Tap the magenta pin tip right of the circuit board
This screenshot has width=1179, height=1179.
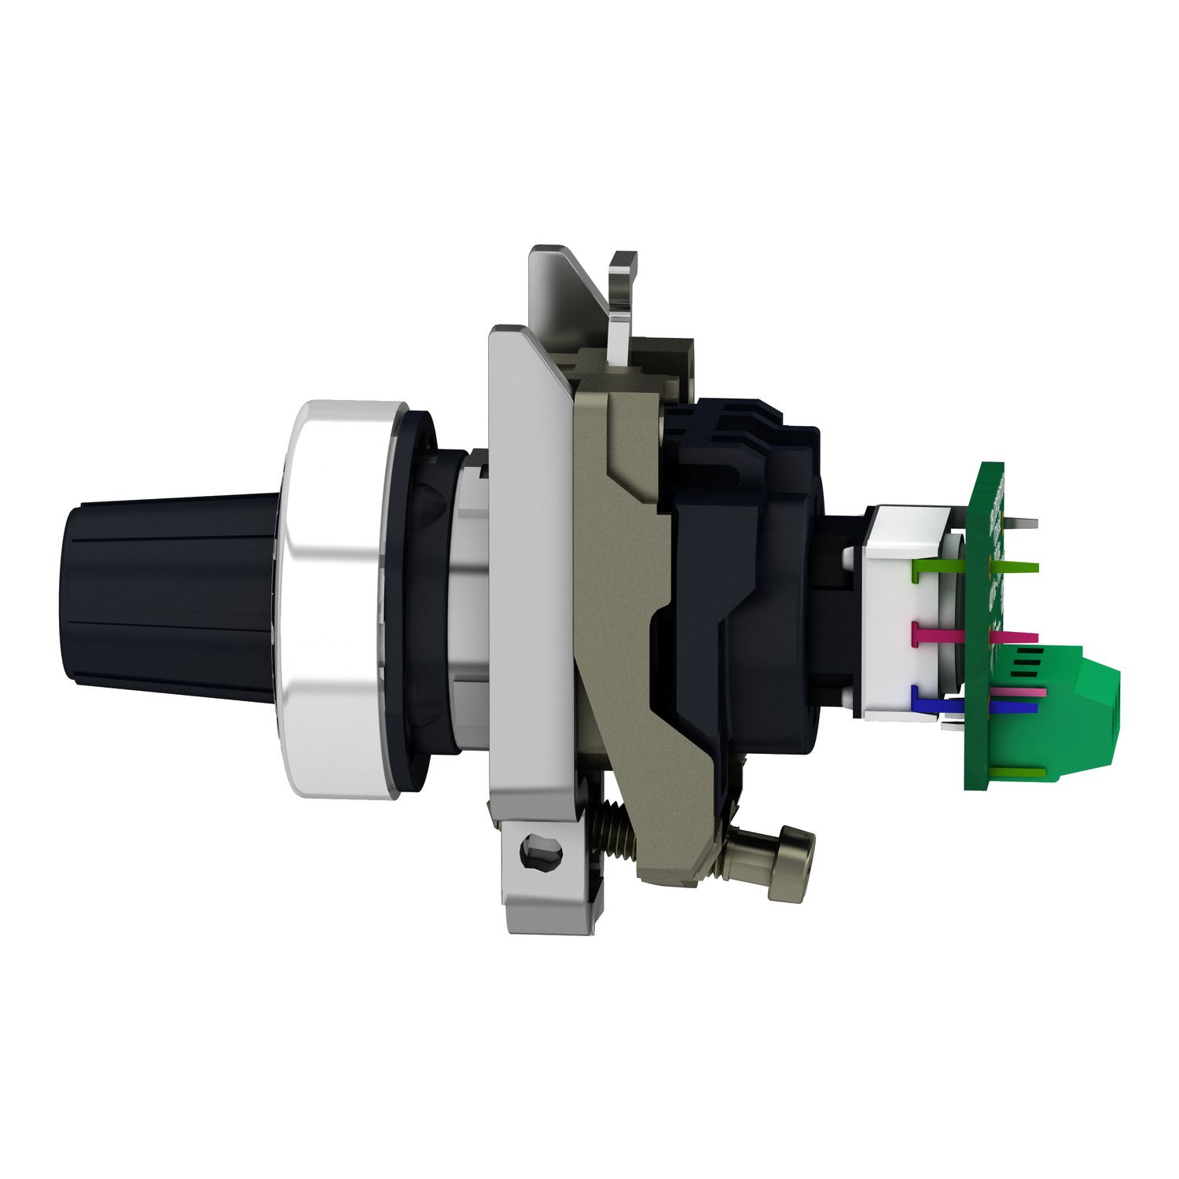1018,637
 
